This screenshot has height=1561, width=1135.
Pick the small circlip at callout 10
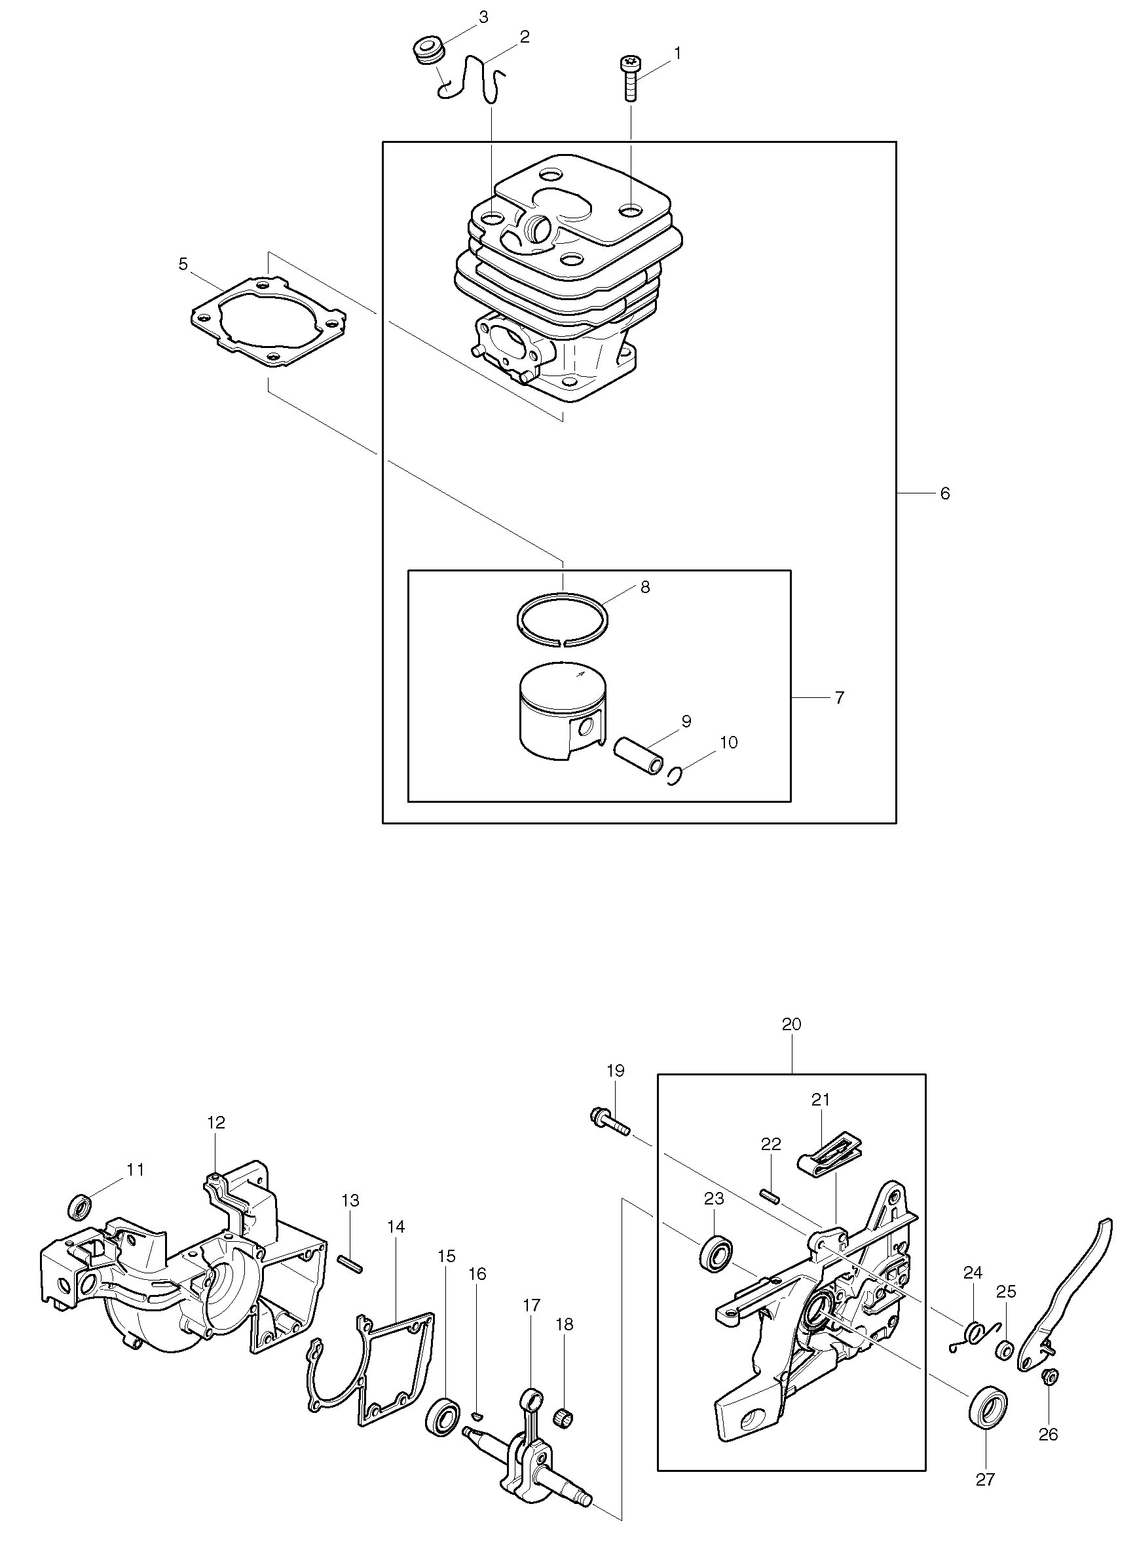675,776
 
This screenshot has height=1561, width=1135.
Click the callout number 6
944,493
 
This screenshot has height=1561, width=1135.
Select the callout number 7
838,697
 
